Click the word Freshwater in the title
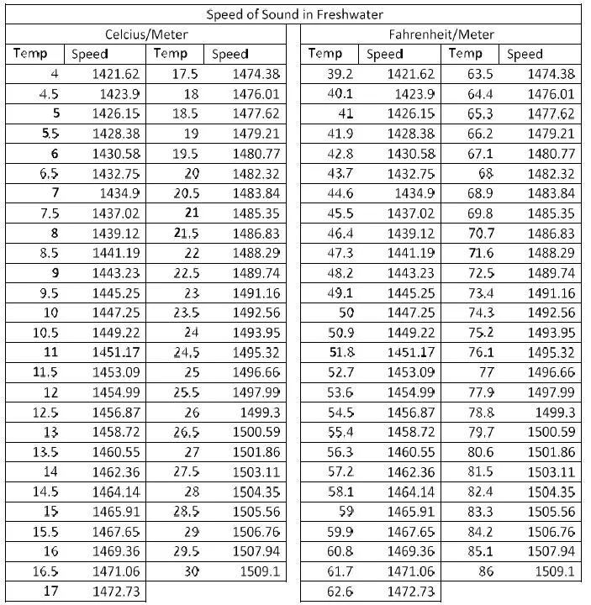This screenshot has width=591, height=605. click(347, 14)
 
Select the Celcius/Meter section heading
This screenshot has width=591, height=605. click(146, 34)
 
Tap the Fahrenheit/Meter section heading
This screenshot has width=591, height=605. click(441, 34)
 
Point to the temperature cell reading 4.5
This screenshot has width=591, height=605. click(49, 94)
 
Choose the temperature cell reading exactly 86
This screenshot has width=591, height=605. click(485, 572)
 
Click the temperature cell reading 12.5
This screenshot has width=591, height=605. click(45, 413)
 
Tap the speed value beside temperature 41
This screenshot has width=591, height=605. click(410, 113)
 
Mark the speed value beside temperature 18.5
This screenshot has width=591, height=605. click(256, 113)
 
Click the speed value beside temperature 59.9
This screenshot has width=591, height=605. click(410, 532)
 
